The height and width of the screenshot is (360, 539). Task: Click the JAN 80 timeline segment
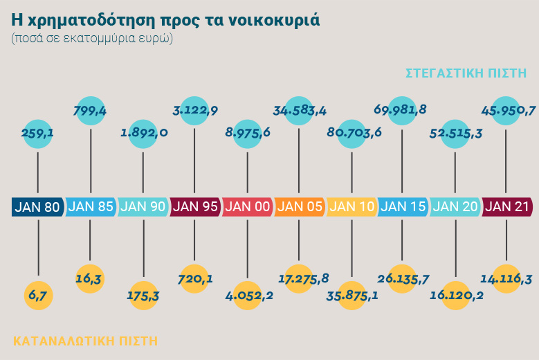tap(38, 206)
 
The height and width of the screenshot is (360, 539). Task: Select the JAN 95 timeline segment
tap(194, 206)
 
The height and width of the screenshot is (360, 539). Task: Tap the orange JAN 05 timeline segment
tap(299, 206)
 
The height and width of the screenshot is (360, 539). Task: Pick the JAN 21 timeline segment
tap(508, 206)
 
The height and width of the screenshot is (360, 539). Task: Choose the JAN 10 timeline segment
tap(351, 206)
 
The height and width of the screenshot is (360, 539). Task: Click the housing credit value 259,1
tap(38, 133)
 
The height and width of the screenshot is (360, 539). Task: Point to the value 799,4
tap(91, 109)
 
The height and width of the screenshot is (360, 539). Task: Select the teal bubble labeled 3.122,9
tap(194, 109)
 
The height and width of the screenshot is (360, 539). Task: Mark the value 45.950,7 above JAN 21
tap(508, 109)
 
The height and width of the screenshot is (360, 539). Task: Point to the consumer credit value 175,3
tap(143, 296)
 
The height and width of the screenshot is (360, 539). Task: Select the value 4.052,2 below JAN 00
tap(247, 296)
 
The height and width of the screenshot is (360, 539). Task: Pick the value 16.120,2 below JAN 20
tap(456, 296)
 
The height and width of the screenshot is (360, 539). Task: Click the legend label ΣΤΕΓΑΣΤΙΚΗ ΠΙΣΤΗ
tap(466, 73)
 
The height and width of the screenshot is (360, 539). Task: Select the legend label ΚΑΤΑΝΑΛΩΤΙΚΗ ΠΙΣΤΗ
tap(86, 341)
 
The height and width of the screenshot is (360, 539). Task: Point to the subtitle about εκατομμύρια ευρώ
tap(92, 38)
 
